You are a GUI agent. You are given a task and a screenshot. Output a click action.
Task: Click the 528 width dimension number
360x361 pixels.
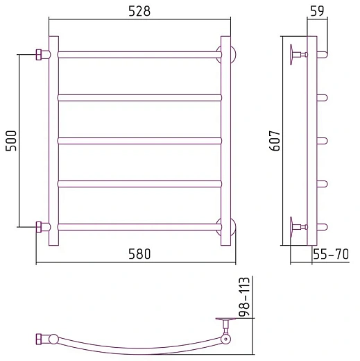(139, 11)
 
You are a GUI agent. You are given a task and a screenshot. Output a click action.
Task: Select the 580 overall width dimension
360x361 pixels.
(139, 253)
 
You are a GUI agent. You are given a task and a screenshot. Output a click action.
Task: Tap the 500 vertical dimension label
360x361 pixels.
(11, 141)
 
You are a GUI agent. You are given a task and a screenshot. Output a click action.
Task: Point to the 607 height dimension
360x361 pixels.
(275, 141)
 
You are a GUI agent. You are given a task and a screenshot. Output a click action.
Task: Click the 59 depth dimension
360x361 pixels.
(317, 11)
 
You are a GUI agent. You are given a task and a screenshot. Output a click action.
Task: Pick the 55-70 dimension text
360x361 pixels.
(331, 254)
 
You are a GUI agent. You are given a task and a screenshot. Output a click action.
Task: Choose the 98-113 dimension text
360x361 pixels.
(244, 296)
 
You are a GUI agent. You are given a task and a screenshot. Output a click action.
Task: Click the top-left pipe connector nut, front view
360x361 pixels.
(39, 55)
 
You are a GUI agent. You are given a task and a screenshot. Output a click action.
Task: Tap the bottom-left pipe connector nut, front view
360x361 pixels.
(39, 227)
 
